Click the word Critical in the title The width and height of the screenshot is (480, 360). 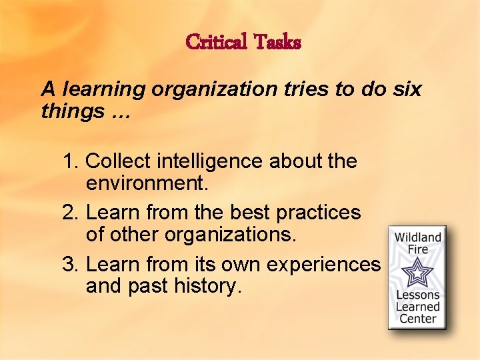(217, 42)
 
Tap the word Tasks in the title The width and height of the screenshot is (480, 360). (277, 42)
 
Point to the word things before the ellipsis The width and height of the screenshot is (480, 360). (71, 111)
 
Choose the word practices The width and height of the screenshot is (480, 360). (318, 213)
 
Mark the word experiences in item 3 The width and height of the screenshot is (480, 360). (323, 265)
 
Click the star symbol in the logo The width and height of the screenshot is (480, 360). (417, 273)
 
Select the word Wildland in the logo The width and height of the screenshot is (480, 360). (418, 238)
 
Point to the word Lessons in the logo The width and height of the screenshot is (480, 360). (418, 295)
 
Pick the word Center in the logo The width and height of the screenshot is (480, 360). (418, 319)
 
